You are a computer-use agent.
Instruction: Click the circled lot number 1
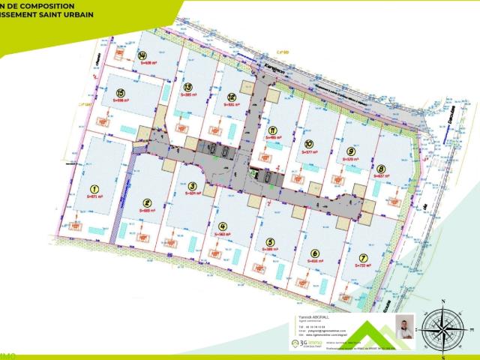(x=94, y=190)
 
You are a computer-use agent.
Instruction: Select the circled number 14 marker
(x=142, y=55)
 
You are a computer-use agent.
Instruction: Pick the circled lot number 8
(x=381, y=169)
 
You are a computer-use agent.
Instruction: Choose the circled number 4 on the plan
(x=222, y=226)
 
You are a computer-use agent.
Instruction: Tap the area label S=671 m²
(x=94, y=196)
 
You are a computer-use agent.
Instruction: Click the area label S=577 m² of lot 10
(x=310, y=152)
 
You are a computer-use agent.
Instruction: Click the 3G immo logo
(x=305, y=343)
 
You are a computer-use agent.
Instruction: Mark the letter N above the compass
(x=444, y=301)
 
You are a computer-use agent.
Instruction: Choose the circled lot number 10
(x=309, y=145)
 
